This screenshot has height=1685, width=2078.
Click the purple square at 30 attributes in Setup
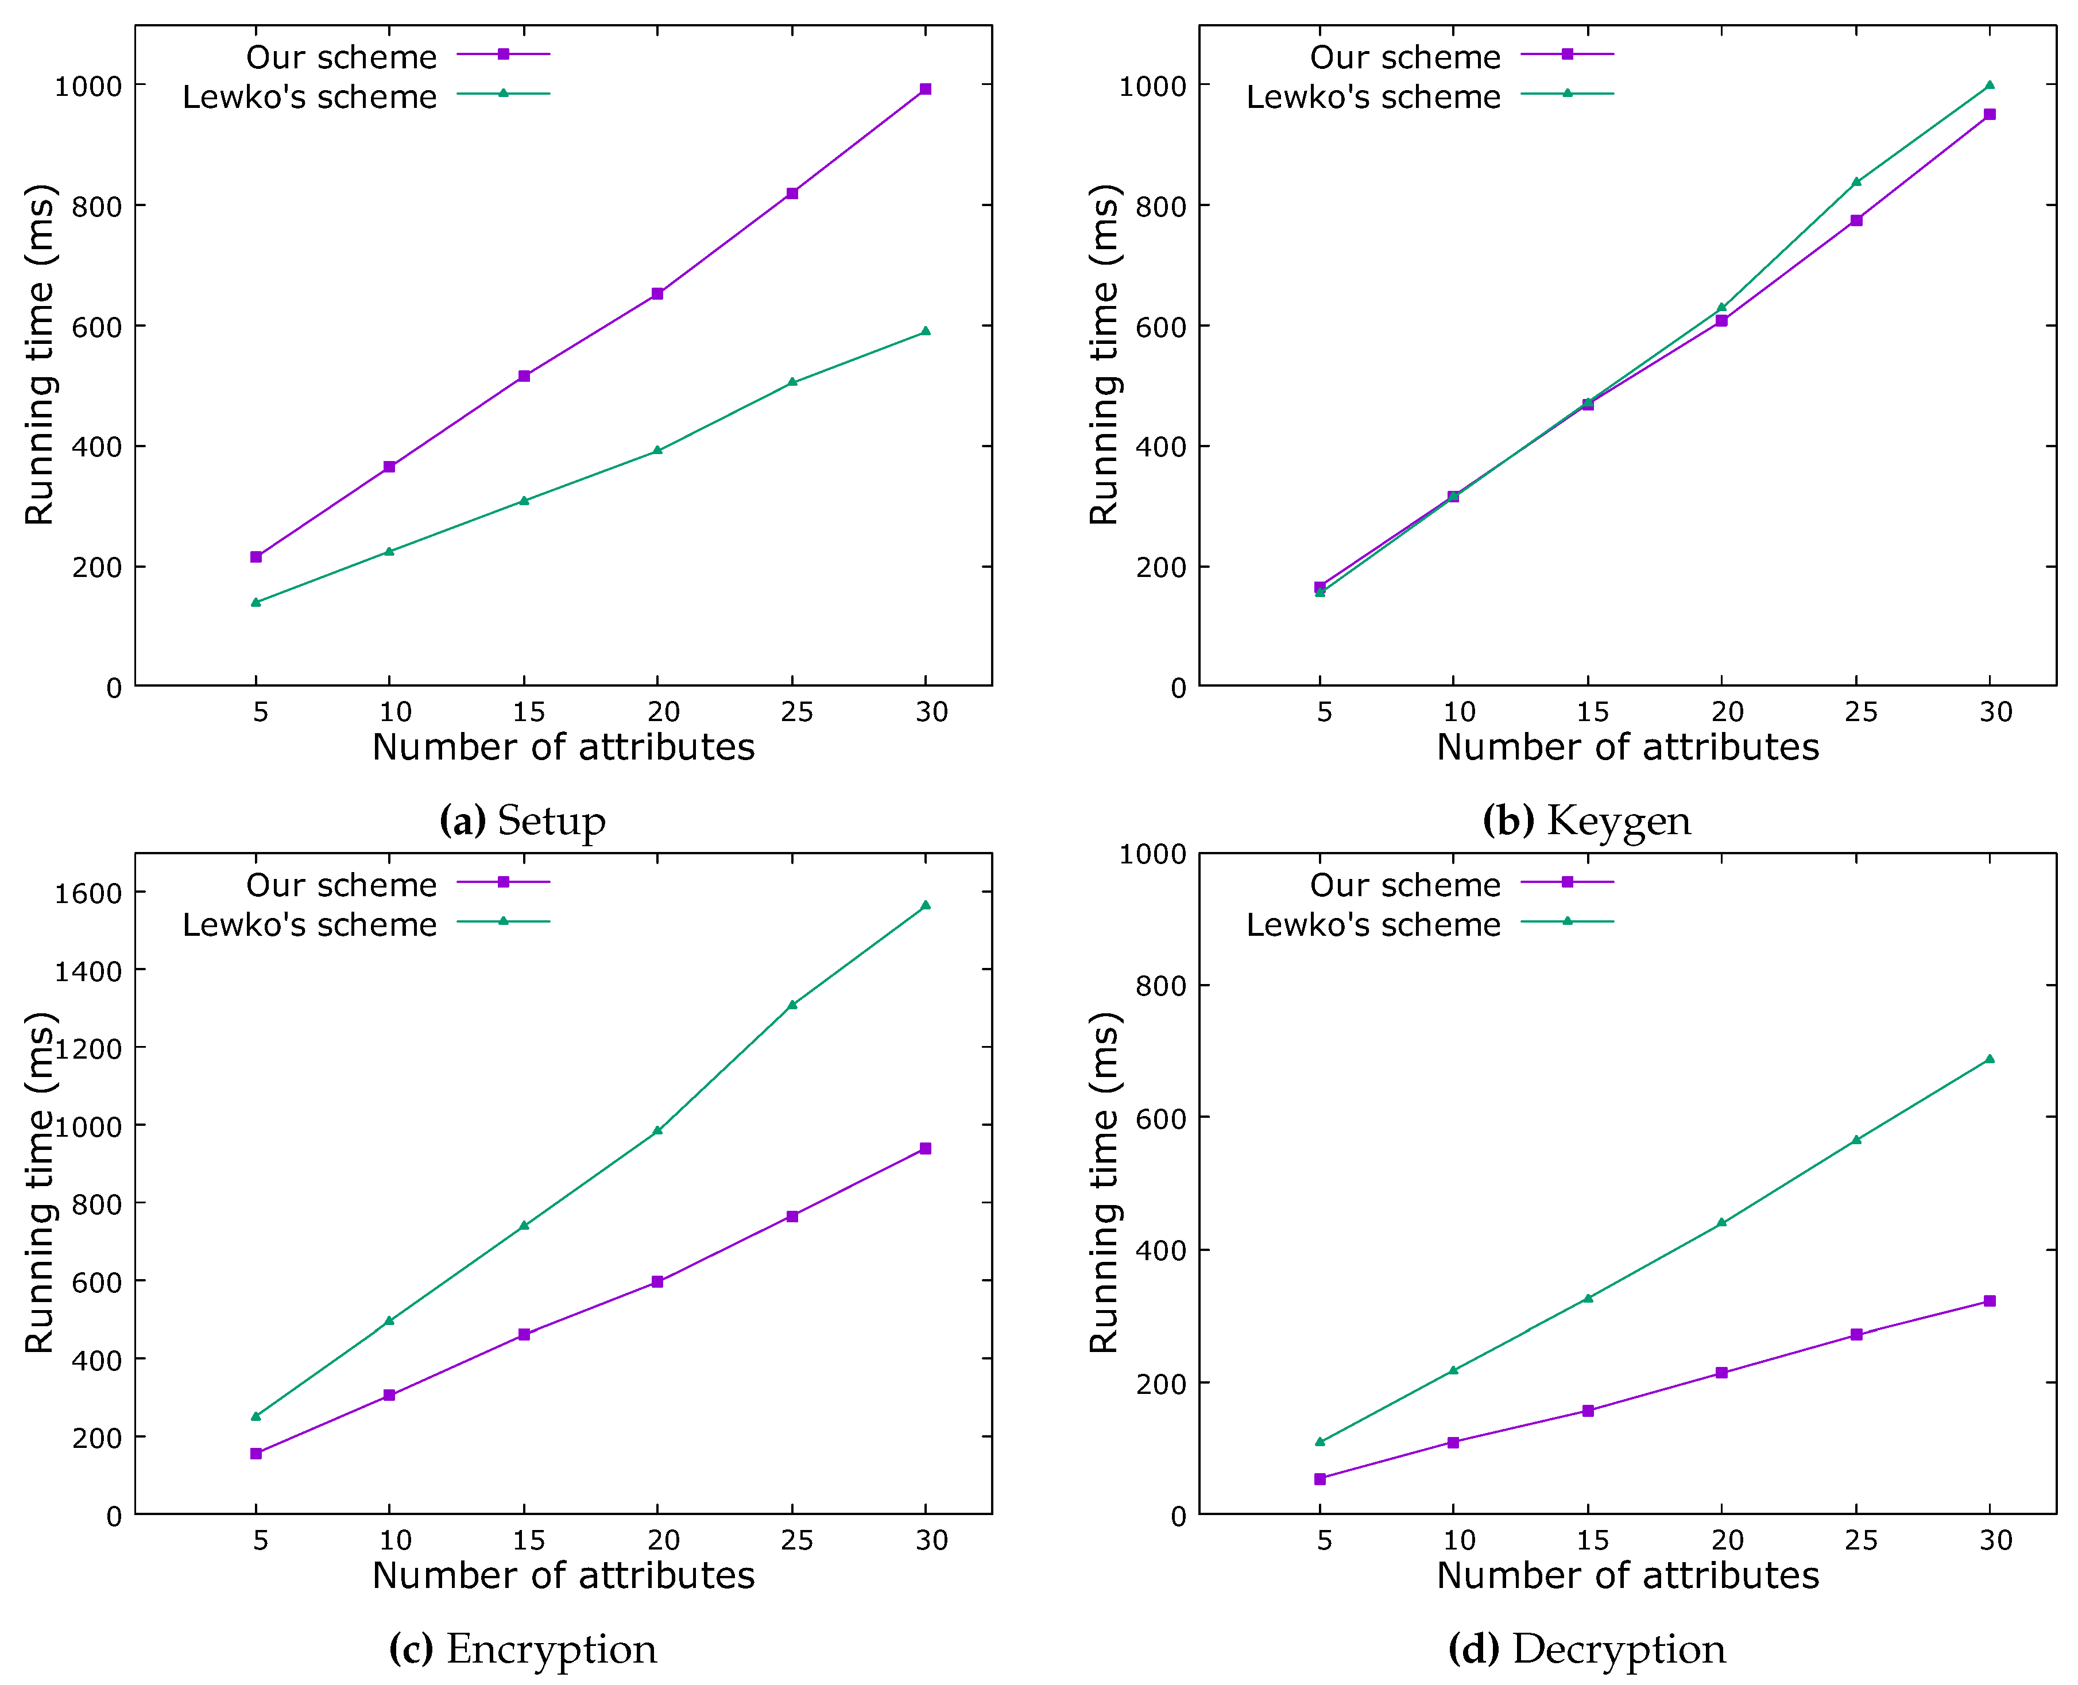click(x=925, y=90)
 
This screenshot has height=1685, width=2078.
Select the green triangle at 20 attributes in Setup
click(x=657, y=450)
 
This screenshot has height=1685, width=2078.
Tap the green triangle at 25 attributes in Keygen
click(x=1856, y=181)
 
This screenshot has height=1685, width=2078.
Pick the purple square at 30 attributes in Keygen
click(x=1988, y=114)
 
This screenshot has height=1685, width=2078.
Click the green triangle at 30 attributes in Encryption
click(x=925, y=905)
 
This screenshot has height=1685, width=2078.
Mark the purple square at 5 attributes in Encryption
click(x=256, y=1453)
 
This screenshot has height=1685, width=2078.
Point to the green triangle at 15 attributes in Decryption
click(x=1588, y=1297)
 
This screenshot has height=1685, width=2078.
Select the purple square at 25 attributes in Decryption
click(x=1856, y=1335)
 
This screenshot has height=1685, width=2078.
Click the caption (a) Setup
click(x=522, y=821)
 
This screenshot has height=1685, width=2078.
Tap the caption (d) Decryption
click(x=1586, y=1649)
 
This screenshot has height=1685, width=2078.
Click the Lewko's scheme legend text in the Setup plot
click(x=309, y=97)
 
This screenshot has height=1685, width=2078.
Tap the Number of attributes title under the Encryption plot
click(x=563, y=1574)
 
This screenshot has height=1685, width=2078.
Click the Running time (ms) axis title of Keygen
click(x=1105, y=354)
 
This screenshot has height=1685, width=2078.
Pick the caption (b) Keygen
click(x=1586, y=821)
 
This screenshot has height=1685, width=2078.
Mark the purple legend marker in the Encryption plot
click(x=503, y=881)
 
